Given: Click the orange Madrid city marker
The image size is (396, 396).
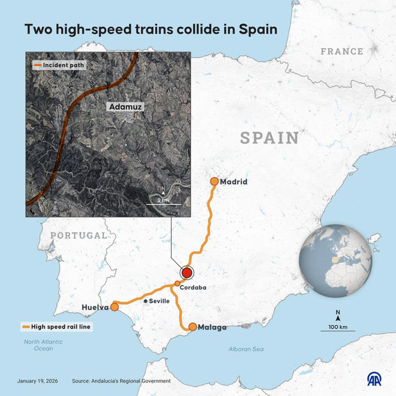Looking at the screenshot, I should [214, 181].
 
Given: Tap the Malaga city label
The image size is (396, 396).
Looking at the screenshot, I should [212, 327].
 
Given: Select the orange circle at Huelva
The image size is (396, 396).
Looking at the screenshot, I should [115, 307].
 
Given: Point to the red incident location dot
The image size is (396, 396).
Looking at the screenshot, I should [187, 273].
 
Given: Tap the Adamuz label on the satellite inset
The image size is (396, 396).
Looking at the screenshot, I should [125, 107].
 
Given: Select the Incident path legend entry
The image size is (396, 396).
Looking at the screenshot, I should [59, 65].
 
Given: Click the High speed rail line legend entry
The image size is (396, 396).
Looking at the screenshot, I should [57, 326].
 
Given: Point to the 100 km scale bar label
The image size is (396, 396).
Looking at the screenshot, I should [338, 327].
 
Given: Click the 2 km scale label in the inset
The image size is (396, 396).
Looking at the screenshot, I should [163, 200].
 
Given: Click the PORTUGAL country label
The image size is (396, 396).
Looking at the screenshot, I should [79, 236].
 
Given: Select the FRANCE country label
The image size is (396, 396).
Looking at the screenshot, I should [342, 52].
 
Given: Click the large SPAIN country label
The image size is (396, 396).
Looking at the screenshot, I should [270, 138].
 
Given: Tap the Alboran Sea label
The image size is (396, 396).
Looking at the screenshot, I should [246, 349].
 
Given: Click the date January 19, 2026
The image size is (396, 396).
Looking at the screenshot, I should [38, 381].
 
